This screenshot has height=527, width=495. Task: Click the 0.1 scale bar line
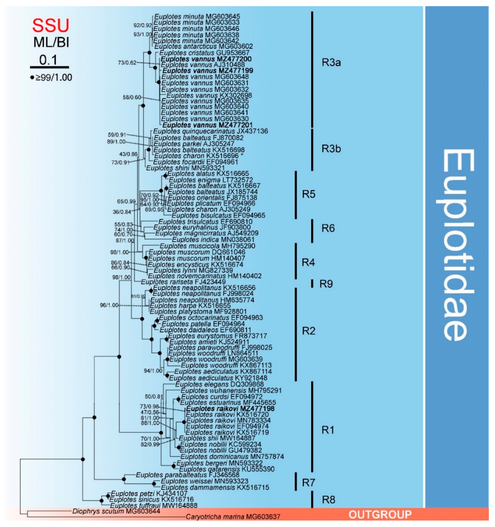click(49, 67)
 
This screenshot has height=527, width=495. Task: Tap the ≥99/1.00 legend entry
click(51, 77)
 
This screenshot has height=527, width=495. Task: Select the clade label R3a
click(331, 63)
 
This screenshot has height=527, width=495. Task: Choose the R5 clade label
click(309, 194)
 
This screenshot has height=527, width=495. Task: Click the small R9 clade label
click(326, 284)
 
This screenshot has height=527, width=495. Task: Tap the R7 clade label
click(309, 483)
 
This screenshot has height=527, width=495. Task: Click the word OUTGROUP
click(380, 515)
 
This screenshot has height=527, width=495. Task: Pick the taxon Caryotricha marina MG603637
click(233, 517)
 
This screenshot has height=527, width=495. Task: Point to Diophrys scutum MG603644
click(116, 511)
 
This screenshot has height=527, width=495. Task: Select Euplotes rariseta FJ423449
click(183, 282)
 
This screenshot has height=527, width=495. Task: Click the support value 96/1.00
click(109, 305)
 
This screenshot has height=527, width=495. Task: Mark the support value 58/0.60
click(132, 97)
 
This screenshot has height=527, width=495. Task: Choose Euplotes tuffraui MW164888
click(154, 505)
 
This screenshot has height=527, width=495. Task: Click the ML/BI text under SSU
click(51, 42)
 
